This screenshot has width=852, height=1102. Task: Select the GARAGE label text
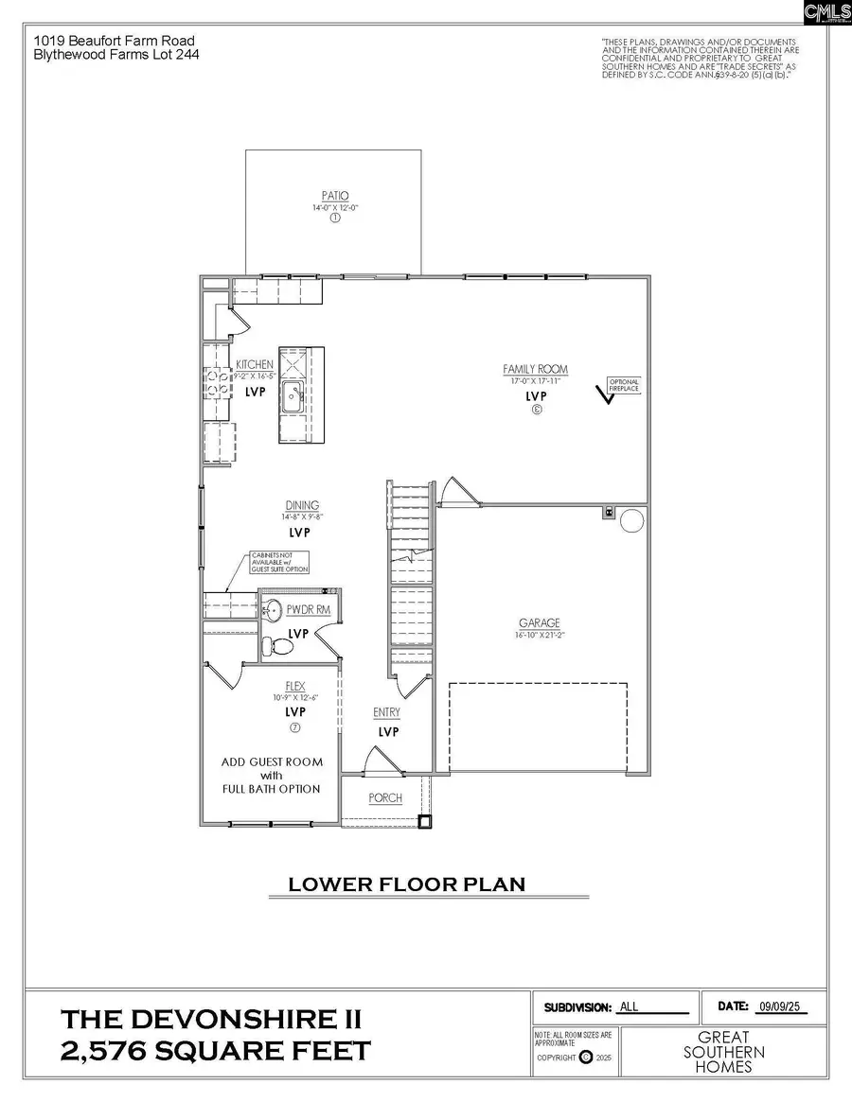pos(539,623)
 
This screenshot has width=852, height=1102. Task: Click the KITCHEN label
pos(255,364)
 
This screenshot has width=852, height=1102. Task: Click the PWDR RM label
pos(308,610)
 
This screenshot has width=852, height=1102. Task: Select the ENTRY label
pos(386,712)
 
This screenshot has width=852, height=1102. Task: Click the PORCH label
pos(385,797)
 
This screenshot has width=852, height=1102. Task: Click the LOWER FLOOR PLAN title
pos(406,884)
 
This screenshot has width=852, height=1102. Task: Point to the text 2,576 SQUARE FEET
pos(216,1051)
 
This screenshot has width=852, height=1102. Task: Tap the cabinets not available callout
pos(273,563)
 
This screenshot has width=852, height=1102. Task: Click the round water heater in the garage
pos(631,519)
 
